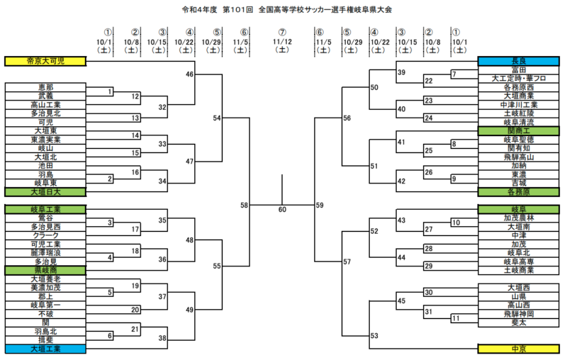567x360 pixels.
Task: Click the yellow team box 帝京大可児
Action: [45, 62]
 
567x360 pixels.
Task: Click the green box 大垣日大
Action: [45, 191]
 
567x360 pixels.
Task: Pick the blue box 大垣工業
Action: [45, 349]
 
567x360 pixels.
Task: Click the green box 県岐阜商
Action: [45, 270]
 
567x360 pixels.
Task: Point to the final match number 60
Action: [282, 210]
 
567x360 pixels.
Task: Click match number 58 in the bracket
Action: [245, 205]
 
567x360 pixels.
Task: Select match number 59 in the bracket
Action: [320, 205]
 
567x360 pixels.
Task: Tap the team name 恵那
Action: [45, 87]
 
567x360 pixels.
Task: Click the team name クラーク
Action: [45, 235]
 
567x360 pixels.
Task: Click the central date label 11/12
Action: [282, 41]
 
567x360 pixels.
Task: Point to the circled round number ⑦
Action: [282, 32]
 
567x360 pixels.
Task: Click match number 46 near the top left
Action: [190, 74]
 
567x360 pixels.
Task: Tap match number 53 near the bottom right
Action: [374, 336]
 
